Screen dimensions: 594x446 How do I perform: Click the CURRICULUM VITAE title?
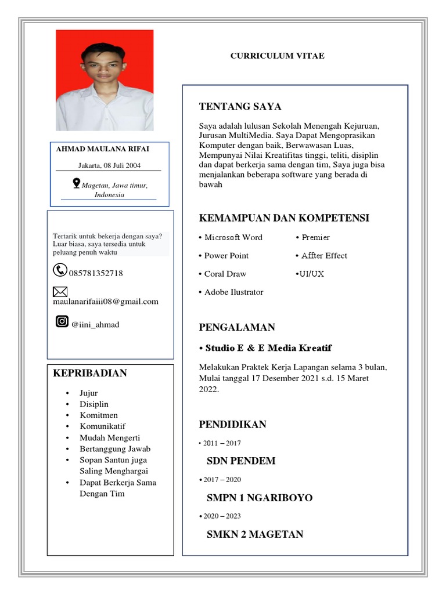pos(277,56)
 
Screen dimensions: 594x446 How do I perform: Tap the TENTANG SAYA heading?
pos(240,107)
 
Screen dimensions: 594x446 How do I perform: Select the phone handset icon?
pos(60,270)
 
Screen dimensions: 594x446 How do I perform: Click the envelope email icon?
pos(60,291)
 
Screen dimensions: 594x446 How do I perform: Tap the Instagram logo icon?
pos(62,321)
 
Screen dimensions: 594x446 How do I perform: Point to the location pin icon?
pos(76,183)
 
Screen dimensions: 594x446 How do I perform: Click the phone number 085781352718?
pos(95,273)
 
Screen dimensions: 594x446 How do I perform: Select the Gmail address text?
pos(105,302)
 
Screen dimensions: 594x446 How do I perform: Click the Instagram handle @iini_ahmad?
pos(95,325)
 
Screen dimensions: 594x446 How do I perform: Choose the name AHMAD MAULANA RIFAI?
pos(102,149)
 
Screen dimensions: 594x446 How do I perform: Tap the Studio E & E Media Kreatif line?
pos(265,348)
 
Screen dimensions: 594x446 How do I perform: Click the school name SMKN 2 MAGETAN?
pos(254,534)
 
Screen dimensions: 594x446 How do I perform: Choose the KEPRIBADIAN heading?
pos(90,373)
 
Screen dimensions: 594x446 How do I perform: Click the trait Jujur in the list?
pos(89,393)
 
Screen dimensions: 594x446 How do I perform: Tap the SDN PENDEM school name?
pos(241,461)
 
